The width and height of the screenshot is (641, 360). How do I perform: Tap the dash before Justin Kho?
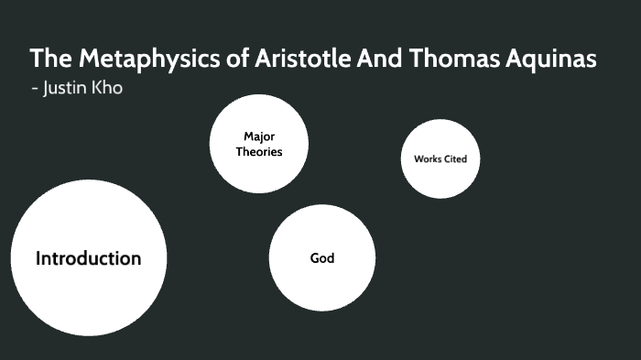pyautogui.click(x=35, y=90)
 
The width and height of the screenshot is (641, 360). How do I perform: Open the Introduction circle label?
pyautogui.click(x=88, y=258)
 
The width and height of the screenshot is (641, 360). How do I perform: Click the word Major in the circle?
pyautogui.click(x=259, y=136)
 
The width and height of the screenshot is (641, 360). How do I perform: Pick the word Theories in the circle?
pyautogui.click(x=259, y=152)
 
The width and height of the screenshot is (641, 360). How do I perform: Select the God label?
pyautogui.click(x=322, y=258)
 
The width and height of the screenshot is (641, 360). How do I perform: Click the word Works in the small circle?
pyautogui.click(x=427, y=159)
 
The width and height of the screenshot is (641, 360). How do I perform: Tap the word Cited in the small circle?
pyautogui.click(x=455, y=159)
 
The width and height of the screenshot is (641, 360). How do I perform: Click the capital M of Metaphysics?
pyautogui.click(x=86, y=59)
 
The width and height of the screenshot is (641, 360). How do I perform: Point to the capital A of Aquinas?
pyautogui.click(x=520, y=59)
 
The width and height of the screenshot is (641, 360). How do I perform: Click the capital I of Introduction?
pyautogui.click(x=38, y=258)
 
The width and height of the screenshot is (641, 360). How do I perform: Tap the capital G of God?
pyautogui.click(x=315, y=258)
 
